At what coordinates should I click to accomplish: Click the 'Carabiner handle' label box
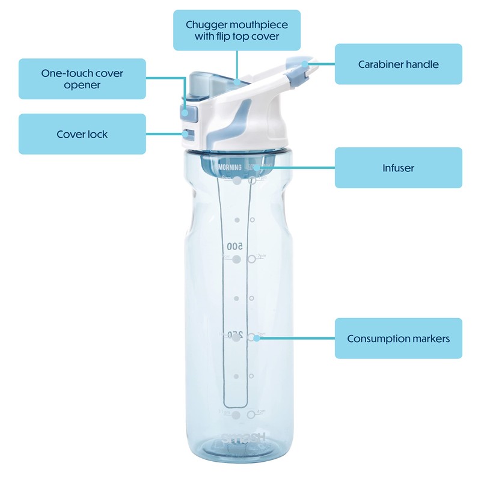pos(398,64)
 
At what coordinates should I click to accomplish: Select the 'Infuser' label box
pos(398,168)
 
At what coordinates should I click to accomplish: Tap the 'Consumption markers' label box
pos(398,339)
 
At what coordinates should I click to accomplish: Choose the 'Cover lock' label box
pos(82,134)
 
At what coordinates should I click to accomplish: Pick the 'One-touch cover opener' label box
pos(82,79)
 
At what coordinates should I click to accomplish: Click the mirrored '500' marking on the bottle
pos(234,247)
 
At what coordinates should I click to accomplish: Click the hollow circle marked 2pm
pos(252,259)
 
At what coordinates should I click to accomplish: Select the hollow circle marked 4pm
pos(251,414)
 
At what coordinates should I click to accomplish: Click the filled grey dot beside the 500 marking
pos(236,259)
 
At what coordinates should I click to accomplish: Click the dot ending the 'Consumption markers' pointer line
pos(257,339)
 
